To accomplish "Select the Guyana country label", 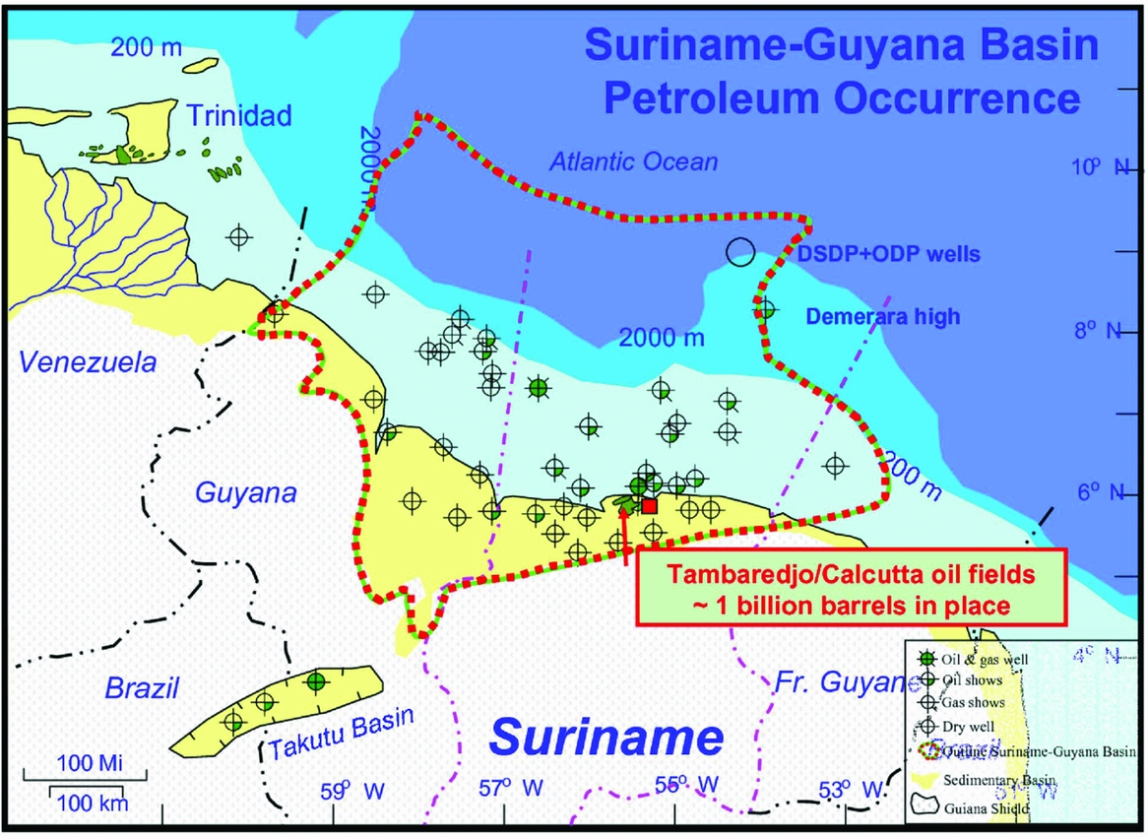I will [247, 492].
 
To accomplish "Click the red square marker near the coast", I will [649, 505].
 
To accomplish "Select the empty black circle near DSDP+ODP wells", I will [740, 252].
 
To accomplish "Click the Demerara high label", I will [882, 317].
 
